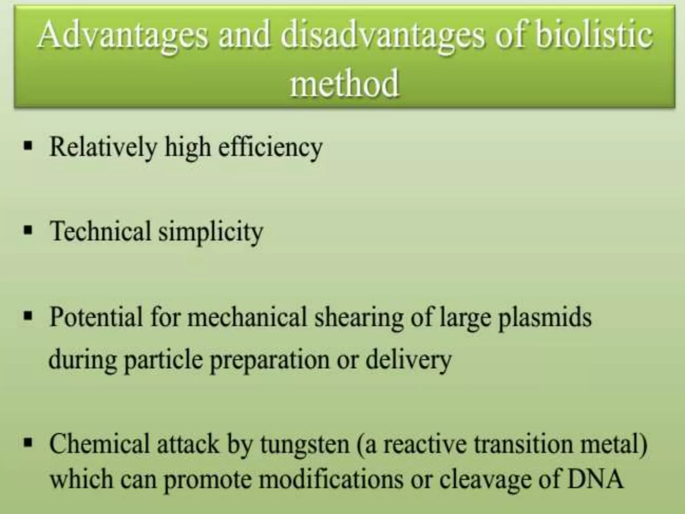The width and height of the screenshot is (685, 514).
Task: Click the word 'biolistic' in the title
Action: (594, 35)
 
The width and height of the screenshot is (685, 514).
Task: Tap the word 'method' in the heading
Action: (345, 84)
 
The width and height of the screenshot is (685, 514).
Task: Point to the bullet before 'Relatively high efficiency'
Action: (28, 146)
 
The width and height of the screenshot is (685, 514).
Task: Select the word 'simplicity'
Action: (211, 232)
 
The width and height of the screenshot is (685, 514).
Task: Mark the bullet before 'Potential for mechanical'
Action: (28, 315)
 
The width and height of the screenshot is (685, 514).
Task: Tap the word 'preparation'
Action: (270, 361)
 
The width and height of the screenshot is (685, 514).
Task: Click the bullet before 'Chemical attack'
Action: (28, 442)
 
